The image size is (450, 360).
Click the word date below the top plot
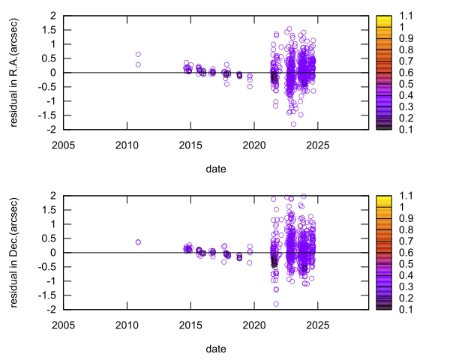pyautogui.click(x=215, y=169)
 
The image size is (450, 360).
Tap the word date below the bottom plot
pyautogui.click(x=215, y=349)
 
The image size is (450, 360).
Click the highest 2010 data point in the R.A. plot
pyautogui.click(x=138, y=54)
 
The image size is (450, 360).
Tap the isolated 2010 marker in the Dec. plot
pyautogui.click(x=138, y=242)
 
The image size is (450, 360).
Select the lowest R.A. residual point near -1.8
pyautogui.click(x=292, y=124)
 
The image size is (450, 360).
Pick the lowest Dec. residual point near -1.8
pyautogui.click(x=276, y=304)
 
